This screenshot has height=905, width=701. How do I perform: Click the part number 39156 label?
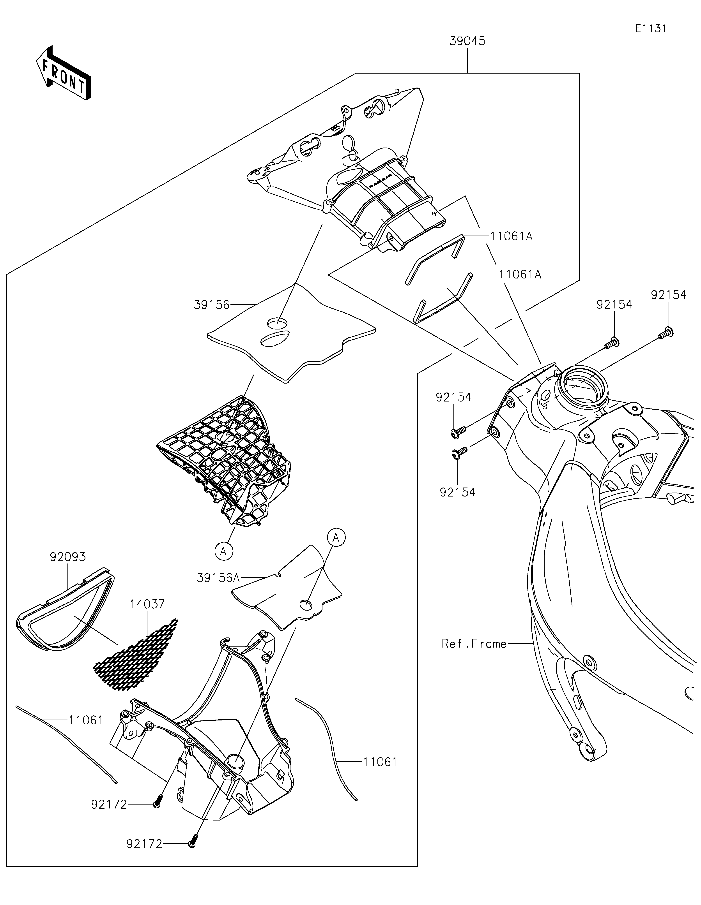pyautogui.click(x=211, y=305)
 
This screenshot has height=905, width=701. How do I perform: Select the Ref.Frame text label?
pyautogui.click(x=474, y=644)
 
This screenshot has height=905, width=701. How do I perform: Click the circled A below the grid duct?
pyautogui.click(x=223, y=551)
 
